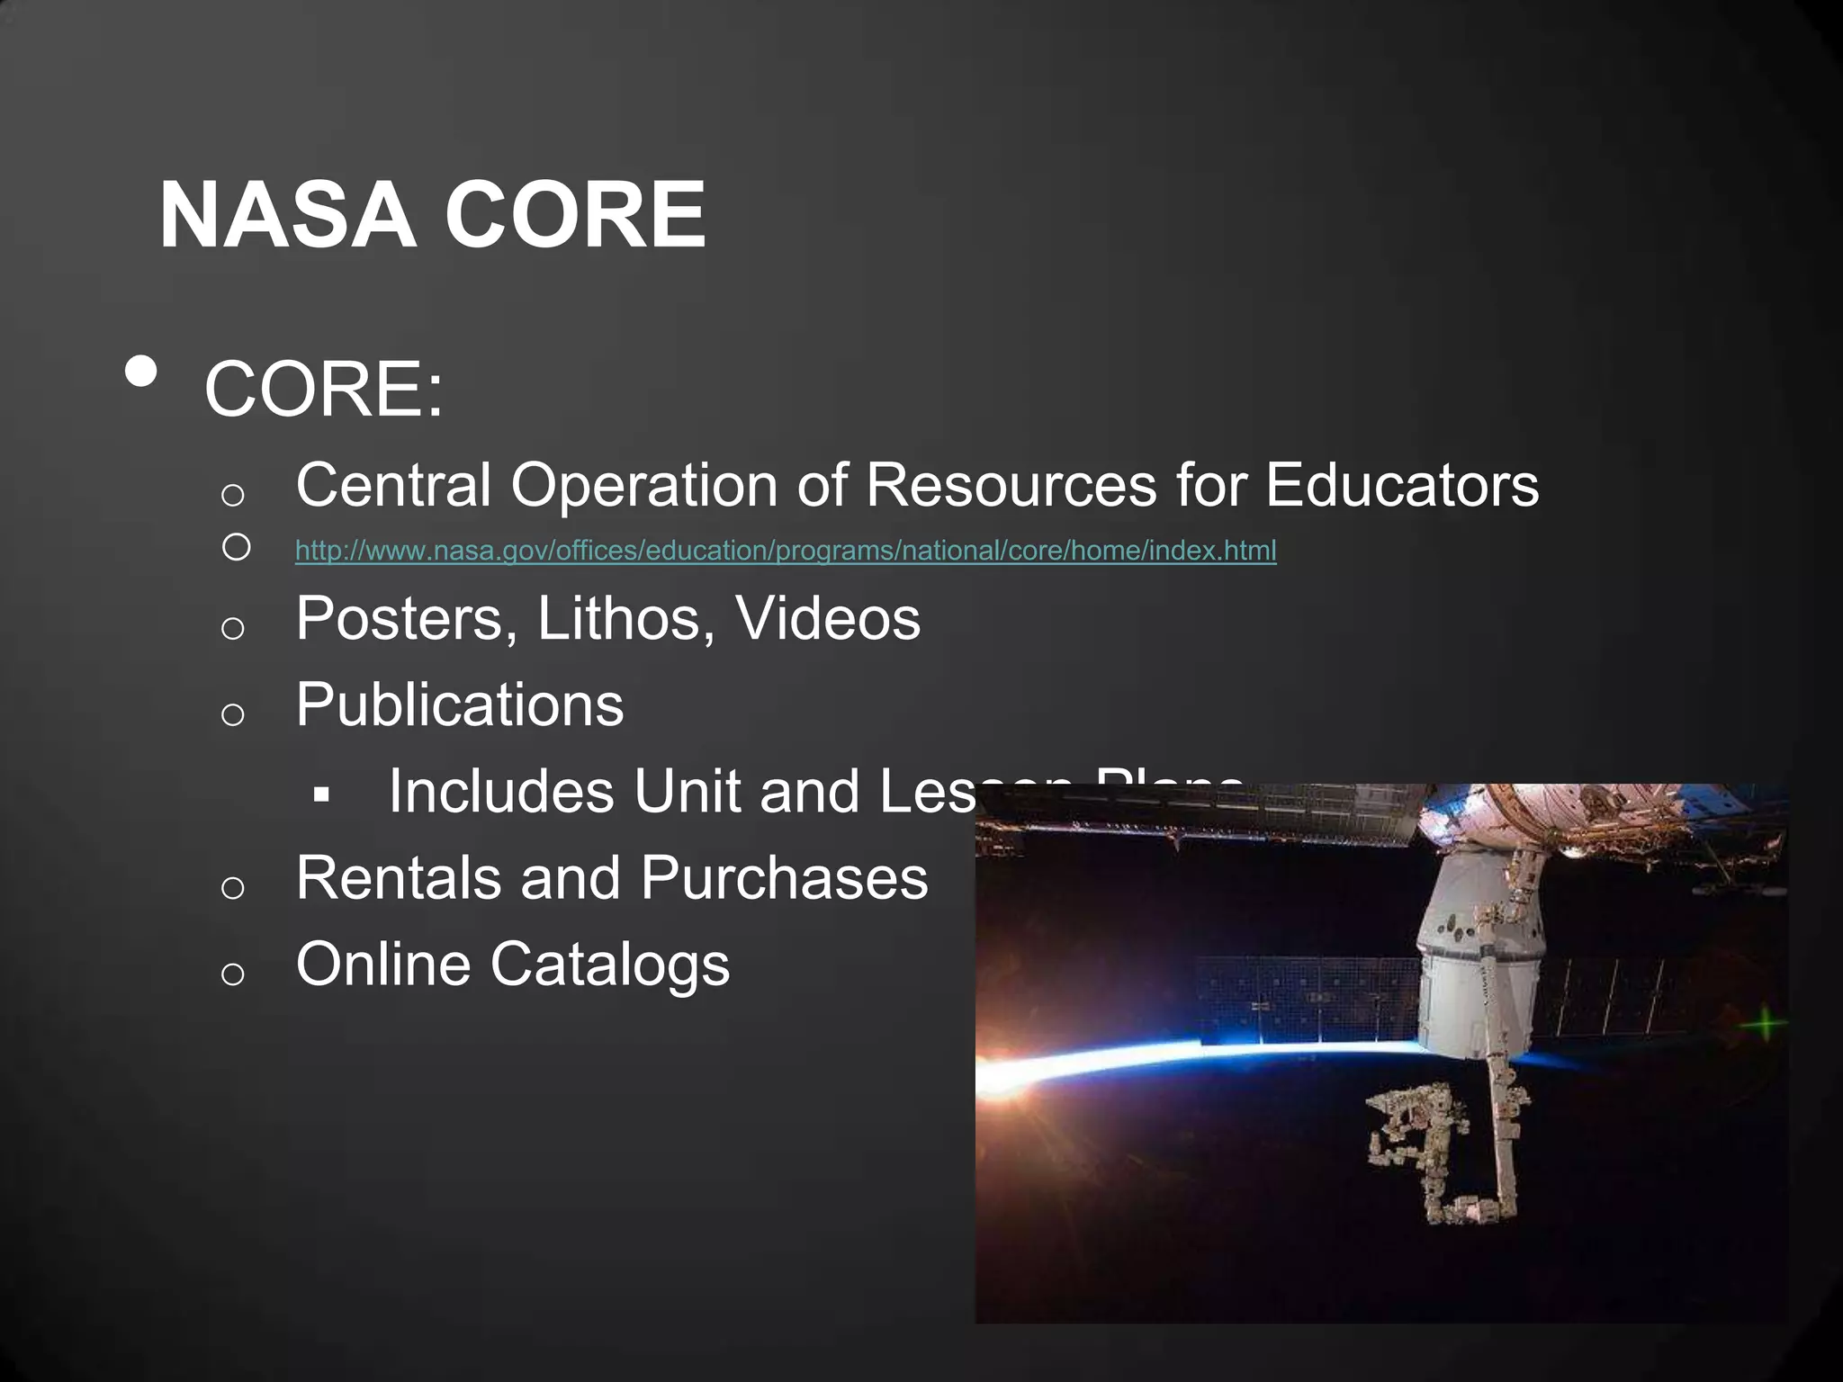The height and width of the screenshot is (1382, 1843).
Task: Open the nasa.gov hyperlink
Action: tap(786, 550)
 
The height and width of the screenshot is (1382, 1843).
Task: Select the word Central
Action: tap(393, 485)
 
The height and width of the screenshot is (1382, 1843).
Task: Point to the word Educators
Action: tap(1401, 485)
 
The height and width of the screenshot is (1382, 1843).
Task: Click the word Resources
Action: tap(1011, 485)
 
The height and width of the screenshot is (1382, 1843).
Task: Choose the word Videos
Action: tap(828, 618)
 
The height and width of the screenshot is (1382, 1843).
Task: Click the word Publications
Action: tap(459, 704)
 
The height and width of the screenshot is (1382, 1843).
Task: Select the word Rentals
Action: tap(399, 877)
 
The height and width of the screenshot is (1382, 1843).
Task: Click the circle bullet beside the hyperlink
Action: tap(236, 547)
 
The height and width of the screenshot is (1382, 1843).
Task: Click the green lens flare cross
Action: tap(1766, 1024)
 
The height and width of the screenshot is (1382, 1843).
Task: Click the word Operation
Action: tap(643, 487)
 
